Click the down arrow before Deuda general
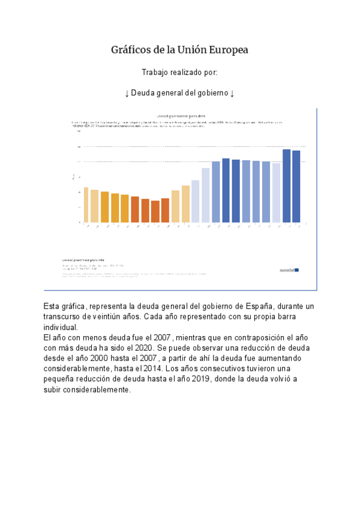tap(127, 93)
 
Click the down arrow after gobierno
tap(232, 93)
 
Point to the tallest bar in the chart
tap(286, 186)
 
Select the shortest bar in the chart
tap(155, 211)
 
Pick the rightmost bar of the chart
tap(296, 187)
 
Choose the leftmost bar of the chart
tap(86, 205)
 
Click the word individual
tap(60, 327)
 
